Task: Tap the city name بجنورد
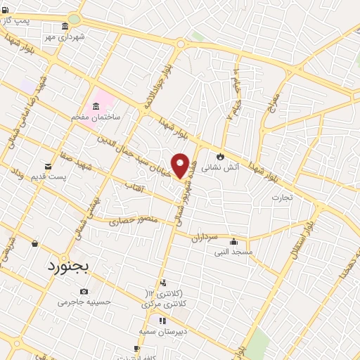click(x=70, y=267)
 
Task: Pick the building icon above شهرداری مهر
click(x=65, y=26)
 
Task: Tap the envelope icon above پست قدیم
click(x=48, y=166)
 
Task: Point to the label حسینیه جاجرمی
click(x=84, y=302)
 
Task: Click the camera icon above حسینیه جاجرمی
click(x=84, y=291)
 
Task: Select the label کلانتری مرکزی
click(x=161, y=304)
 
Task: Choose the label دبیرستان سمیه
click(x=161, y=330)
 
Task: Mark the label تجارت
click(x=286, y=198)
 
